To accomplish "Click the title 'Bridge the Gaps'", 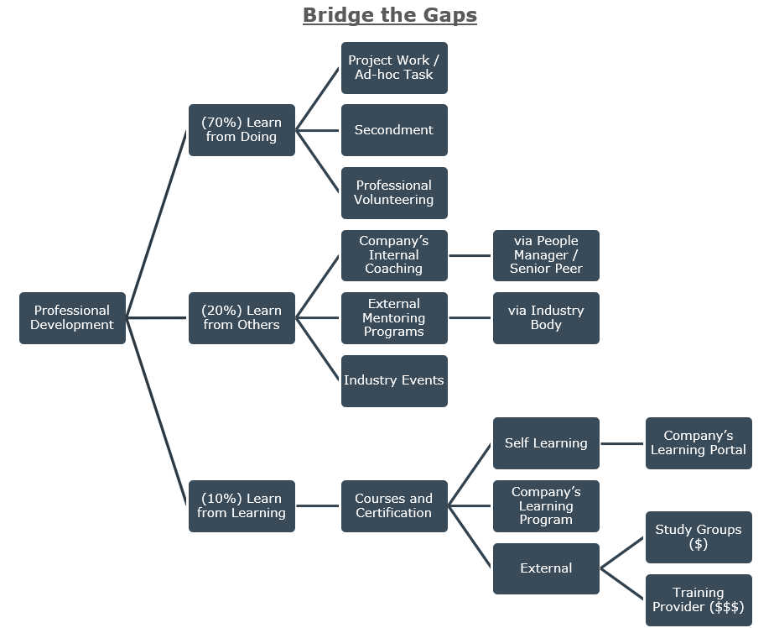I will tap(389, 15).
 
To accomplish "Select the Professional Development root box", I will tap(72, 318).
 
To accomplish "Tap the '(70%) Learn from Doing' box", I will tap(242, 130).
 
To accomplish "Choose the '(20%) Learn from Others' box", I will tap(242, 318).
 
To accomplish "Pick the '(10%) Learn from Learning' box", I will tap(242, 506).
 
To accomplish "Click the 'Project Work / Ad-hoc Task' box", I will tap(394, 68).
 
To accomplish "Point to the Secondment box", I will tap(394, 130).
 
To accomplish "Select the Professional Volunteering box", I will tap(394, 193).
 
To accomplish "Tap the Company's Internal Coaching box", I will tap(394, 255).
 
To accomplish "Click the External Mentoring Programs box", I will tap(394, 318).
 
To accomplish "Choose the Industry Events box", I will tap(394, 381).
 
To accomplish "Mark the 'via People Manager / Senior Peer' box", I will tap(546, 255).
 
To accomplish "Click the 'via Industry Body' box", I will tap(546, 318).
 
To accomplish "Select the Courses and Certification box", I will tap(394, 506).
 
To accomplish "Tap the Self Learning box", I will tap(546, 443).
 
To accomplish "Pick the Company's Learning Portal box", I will tap(699, 443).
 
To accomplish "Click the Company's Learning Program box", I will tap(546, 506).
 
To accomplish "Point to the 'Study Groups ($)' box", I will tap(699, 537).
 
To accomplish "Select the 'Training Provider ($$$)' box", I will tap(699, 600).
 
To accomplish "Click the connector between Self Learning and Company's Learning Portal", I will tap(622, 443).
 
